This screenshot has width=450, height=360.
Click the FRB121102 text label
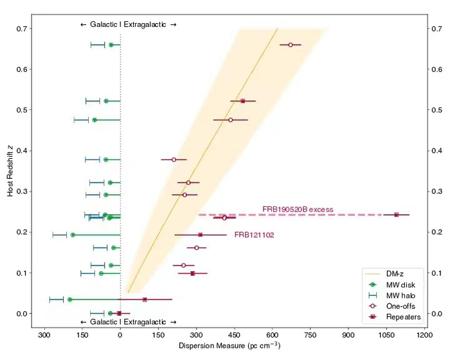254,235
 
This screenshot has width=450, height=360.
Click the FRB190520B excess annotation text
297,209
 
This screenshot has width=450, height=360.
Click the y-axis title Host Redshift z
11,170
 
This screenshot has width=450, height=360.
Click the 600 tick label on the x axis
273,336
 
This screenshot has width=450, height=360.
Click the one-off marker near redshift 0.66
291,45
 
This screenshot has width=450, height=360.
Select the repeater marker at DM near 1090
396,215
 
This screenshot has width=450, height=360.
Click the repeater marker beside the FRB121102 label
201,235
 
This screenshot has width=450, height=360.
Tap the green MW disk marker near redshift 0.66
111,45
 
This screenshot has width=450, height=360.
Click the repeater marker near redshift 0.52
243,101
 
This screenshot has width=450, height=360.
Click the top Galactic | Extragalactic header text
128,24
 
